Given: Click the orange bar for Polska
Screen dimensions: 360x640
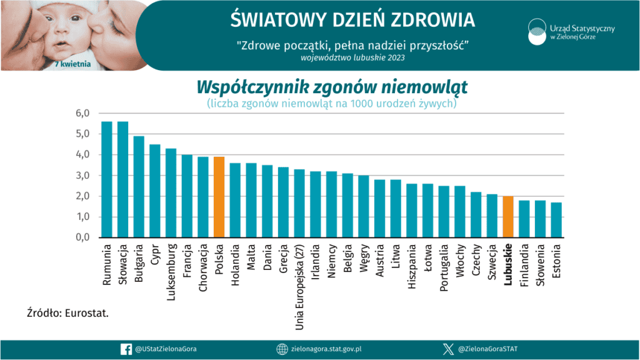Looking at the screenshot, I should coord(219,197).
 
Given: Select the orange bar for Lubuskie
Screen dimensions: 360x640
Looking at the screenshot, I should coord(508,217).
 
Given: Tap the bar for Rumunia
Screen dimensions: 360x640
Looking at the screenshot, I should coord(107,180).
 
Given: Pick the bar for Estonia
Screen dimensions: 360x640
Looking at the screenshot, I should coord(556,220).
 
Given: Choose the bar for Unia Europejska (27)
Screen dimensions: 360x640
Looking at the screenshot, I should coord(299,204).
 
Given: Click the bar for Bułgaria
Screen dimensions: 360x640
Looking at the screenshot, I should coord(139,187).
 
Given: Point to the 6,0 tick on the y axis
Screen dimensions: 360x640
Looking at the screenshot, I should coord(83,113).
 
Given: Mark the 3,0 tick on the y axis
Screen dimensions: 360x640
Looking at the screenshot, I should coord(83,176).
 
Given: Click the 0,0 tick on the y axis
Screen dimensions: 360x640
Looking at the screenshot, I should coord(83,237).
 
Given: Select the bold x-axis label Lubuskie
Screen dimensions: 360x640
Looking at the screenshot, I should coord(508,264).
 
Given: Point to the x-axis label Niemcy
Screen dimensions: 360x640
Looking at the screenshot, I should coord(332,262).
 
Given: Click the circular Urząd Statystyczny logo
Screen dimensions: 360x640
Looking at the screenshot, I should coord(536,32).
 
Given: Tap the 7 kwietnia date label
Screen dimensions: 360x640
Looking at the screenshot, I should coord(74,64).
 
